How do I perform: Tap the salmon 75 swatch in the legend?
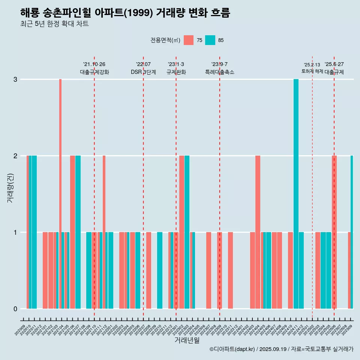189,40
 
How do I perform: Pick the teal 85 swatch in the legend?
210,40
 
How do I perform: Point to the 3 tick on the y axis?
15,79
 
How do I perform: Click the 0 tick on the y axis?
15,309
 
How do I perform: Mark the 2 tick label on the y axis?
15,156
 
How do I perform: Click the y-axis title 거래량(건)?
10,188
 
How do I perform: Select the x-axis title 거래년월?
187,340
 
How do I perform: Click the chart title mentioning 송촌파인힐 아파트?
125,13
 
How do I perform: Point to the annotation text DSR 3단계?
143,72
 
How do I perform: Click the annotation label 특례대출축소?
220,72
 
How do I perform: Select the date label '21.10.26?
94,64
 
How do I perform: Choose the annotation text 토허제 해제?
312,71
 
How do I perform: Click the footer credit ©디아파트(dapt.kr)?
232,349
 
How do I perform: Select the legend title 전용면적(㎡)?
165,40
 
